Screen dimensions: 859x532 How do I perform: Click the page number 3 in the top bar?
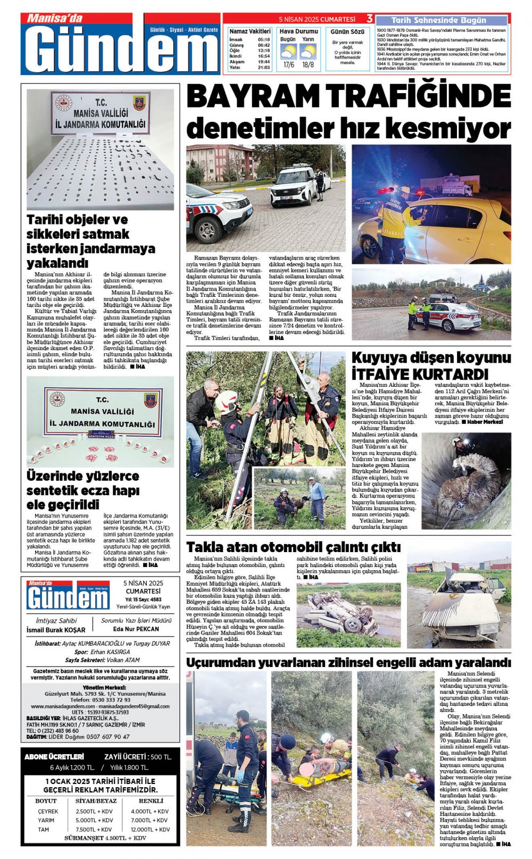pos(369,19)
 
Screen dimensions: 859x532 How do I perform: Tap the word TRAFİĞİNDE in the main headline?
pos(418,97)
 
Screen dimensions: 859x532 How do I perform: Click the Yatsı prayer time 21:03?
pos(263,68)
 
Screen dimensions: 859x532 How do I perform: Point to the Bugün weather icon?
pos(288,52)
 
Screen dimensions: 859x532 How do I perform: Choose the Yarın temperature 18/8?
pos(308,65)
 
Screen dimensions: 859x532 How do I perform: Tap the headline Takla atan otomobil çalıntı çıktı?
pos(293,547)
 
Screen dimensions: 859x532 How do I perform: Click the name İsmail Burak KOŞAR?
pos(56,630)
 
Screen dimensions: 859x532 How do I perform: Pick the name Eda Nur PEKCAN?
pos(136,629)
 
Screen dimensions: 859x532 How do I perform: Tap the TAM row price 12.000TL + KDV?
pos(151,829)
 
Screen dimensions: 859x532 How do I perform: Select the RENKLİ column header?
pos(151,800)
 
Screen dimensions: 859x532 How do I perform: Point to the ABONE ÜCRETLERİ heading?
pos(54,756)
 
